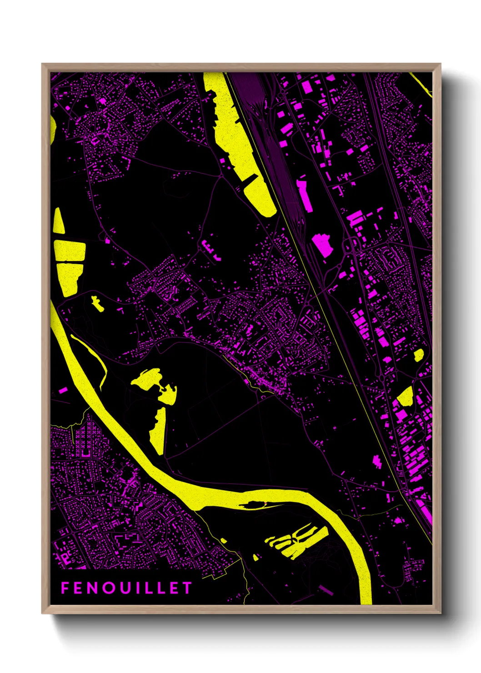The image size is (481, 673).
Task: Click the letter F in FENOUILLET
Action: [65, 588]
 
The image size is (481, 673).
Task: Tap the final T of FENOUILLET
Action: [187, 588]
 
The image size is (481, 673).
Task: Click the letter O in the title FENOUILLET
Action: [109, 588]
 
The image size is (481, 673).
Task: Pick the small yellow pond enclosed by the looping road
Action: [97, 303]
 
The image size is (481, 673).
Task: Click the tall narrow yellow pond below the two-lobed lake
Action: [158, 430]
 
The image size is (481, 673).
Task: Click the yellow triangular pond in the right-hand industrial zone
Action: [405, 396]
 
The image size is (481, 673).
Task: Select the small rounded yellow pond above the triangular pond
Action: [418, 355]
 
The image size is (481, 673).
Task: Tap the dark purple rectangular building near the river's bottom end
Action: [326, 590]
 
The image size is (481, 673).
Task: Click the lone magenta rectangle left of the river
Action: [63, 390]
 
